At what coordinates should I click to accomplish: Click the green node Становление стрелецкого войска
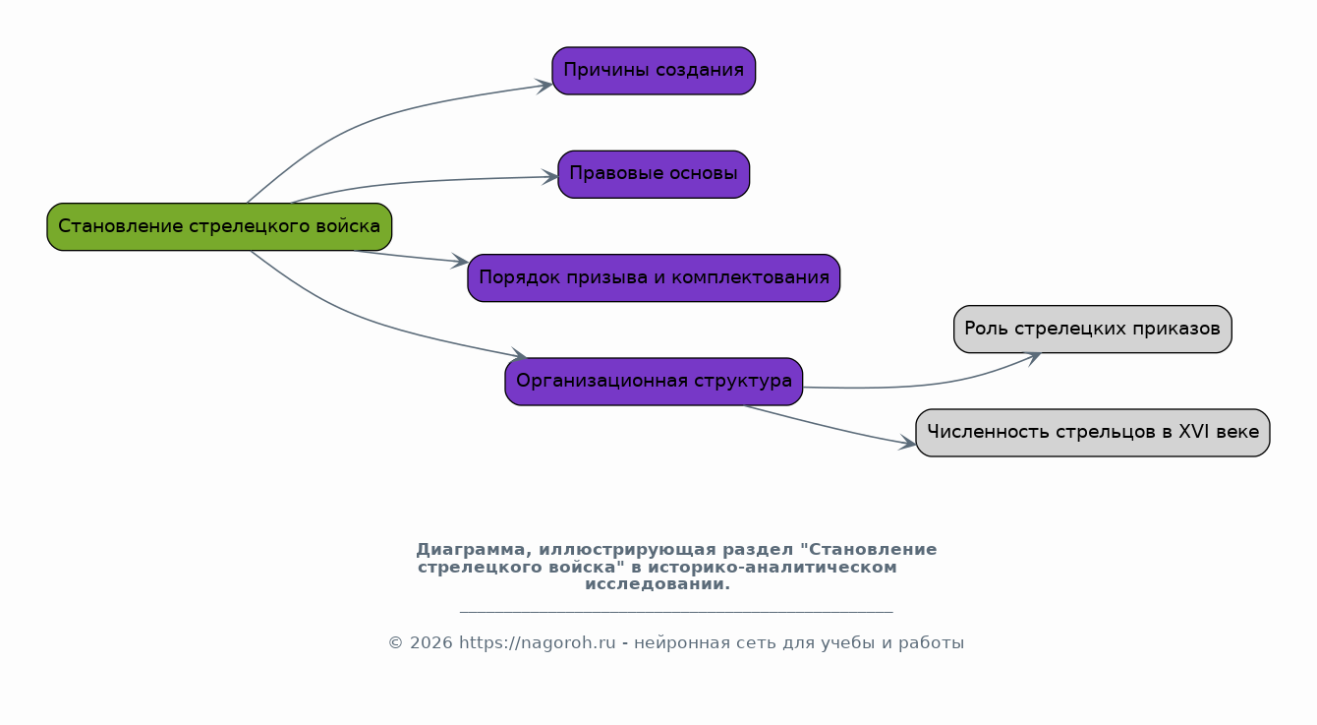(219, 226)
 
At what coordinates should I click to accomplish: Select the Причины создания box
(654, 71)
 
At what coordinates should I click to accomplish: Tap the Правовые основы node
(654, 174)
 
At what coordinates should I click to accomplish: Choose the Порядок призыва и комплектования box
(654, 277)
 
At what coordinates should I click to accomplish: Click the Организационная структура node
(654, 382)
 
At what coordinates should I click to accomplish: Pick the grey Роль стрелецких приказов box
(1092, 329)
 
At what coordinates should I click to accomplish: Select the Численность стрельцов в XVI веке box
(1092, 433)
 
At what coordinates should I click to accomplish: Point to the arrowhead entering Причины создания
(544, 86)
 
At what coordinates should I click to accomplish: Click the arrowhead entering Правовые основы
(550, 176)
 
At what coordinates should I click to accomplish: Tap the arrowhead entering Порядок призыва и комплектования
(460, 262)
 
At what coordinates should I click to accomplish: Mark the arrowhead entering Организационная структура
(520, 354)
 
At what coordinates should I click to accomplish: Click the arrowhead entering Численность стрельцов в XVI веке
(908, 444)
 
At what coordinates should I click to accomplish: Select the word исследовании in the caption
(658, 584)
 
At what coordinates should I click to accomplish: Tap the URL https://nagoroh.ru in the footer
(538, 642)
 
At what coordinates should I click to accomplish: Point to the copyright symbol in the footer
(396, 643)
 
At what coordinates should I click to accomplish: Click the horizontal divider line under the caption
(676, 613)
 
